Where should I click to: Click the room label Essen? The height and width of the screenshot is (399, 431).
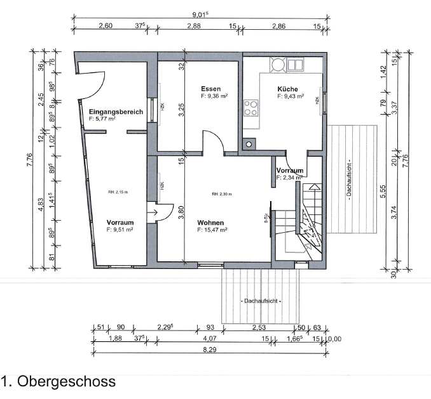click(210, 88)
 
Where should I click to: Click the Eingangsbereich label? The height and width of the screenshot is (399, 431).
click(116, 112)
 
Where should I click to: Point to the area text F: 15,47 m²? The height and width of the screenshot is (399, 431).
click(212, 230)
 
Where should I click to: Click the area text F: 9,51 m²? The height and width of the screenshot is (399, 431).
click(120, 230)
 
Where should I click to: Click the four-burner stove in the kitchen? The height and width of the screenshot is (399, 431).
click(251, 108)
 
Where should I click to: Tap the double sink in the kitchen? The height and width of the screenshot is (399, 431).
click(296, 64)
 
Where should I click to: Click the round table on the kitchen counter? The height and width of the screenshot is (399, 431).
click(278, 64)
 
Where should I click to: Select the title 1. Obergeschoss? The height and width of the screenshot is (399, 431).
click(58, 381)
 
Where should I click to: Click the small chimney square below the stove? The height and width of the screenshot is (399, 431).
click(249, 143)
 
